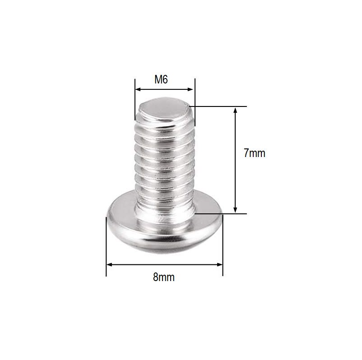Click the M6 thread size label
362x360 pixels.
click(161, 80)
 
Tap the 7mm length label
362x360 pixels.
click(254, 153)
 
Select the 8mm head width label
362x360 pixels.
click(163, 277)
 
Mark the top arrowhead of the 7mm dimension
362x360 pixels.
click(235, 110)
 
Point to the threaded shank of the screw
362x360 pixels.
click(165, 162)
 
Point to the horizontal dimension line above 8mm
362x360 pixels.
click(135, 265)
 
